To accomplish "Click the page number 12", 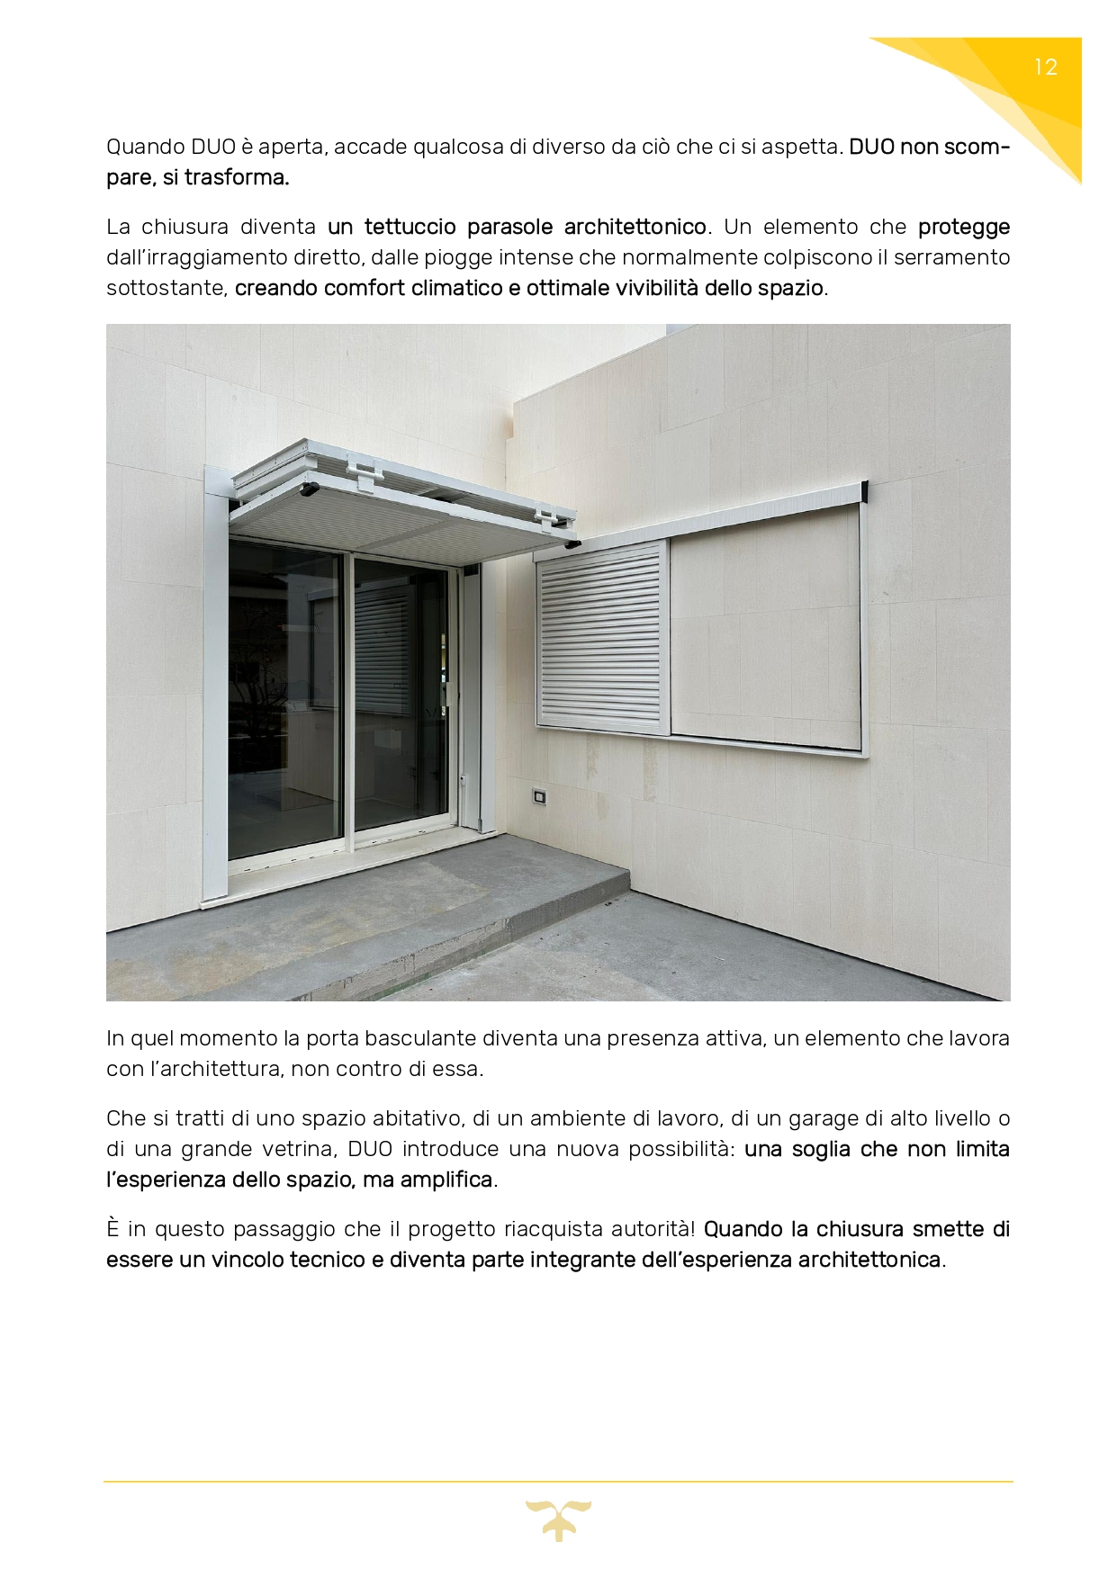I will point(1045,67).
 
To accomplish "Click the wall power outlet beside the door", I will point(540,794).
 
